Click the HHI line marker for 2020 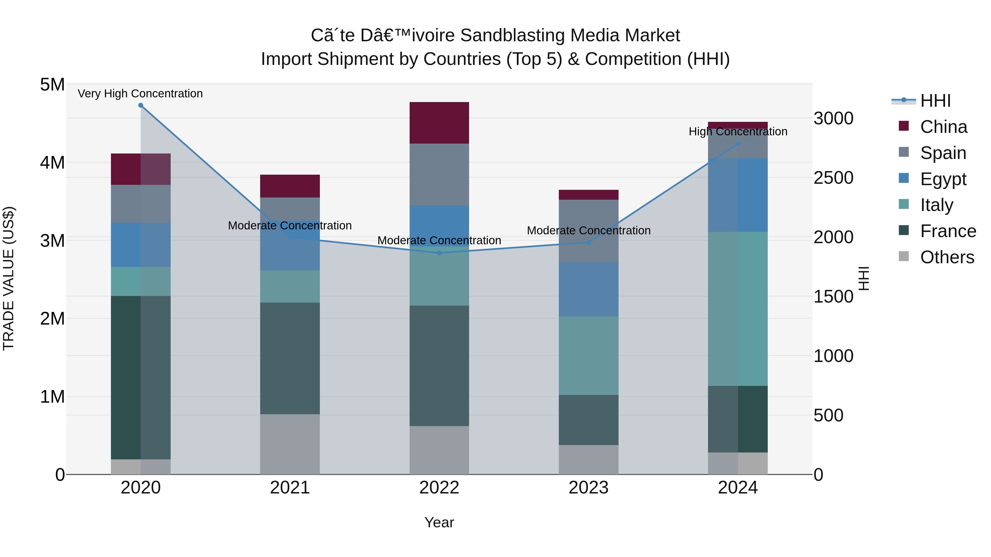(x=140, y=105)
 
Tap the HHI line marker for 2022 (x=439, y=253)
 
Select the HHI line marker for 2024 (x=738, y=144)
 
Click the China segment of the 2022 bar (x=439, y=123)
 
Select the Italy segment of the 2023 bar (x=589, y=356)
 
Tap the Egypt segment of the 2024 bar (x=738, y=195)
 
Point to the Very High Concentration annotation (x=140, y=94)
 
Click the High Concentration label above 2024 (x=738, y=131)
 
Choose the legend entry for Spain (x=943, y=153)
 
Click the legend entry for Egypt (x=943, y=179)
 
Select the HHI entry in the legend (x=935, y=101)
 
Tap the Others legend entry (x=946, y=257)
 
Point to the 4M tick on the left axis (x=52, y=163)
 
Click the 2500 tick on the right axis (x=833, y=178)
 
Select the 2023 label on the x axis (x=589, y=488)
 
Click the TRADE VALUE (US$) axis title (x=9, y=279)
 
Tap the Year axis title (x=439, y=522)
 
